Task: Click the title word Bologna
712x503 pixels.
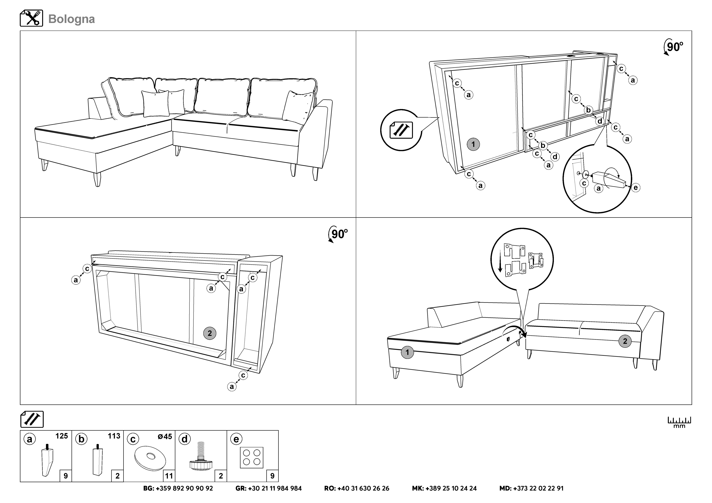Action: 72,19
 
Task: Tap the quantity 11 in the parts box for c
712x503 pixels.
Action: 169,476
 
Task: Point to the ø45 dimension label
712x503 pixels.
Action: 165,436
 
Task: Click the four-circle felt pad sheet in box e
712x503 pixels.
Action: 251,457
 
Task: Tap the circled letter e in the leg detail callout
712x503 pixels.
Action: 635,187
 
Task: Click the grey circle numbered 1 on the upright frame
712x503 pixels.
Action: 473,144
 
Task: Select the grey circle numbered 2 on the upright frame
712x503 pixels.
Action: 210,333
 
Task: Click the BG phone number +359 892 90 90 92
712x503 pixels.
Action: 178,488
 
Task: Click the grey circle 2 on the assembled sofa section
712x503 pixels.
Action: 625,341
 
